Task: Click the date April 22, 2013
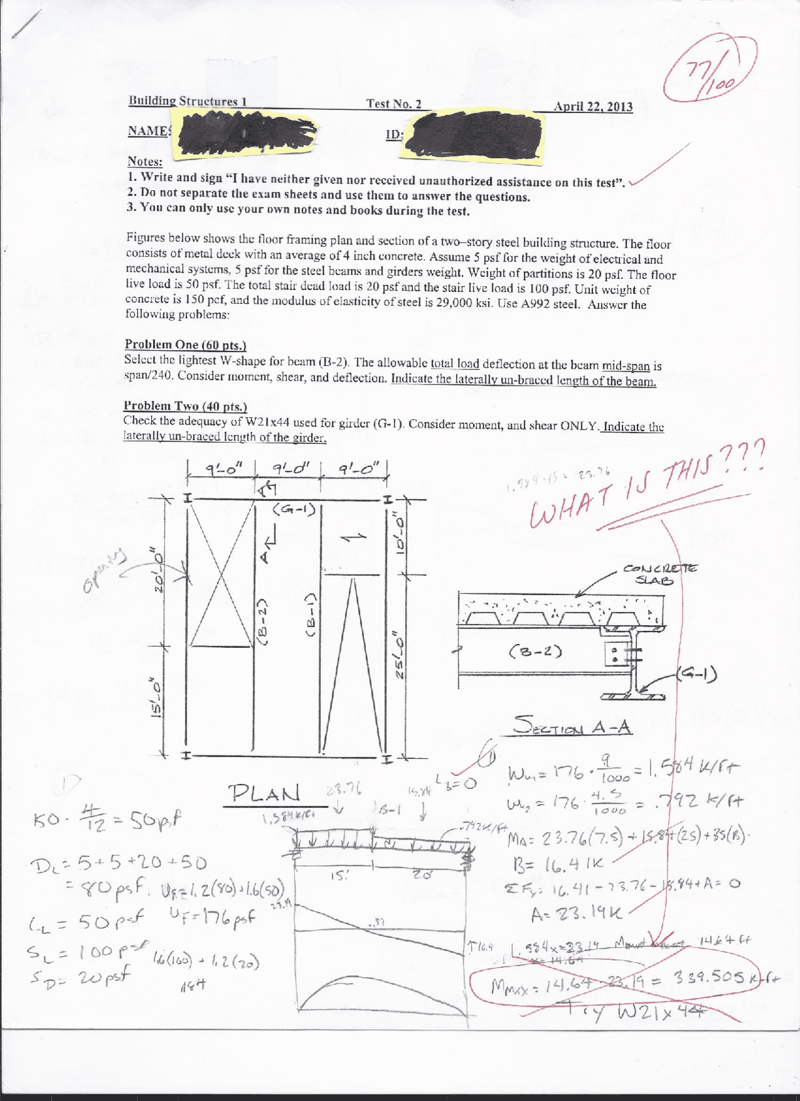(592, 106)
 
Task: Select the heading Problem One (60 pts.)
(185, 344)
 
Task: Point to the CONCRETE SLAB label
(659, 574)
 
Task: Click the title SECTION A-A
(572, 727)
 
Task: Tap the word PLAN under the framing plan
(264, 794)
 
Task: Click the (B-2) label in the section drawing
(536, 651)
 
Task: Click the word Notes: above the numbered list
(145, 161)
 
